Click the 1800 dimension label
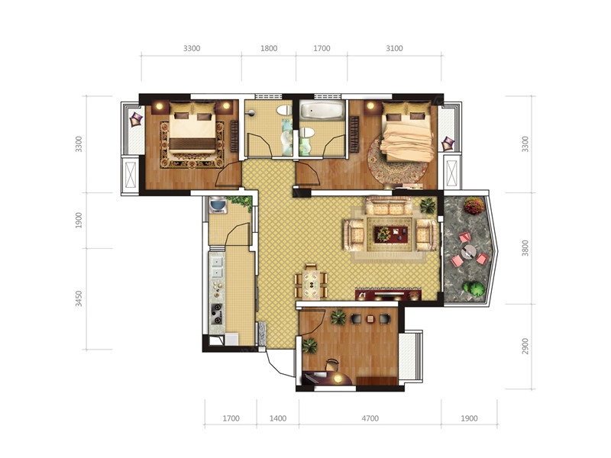point(269,48)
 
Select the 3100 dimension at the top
point(394,48)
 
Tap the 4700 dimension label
point(370,418)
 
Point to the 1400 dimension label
point(278,418)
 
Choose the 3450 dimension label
point(79,298)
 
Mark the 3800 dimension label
point(525,248)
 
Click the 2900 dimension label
point(525,347)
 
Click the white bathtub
point(322,110)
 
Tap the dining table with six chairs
point(311,281)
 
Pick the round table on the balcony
point(468,253)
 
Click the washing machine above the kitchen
point(218,205)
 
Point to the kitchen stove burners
point(217,314)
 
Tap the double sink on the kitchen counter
point(216,266)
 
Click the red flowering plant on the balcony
point(474,205)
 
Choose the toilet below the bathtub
point(307,132)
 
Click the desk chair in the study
point(332,365)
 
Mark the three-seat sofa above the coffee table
point(389,205)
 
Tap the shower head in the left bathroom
point(251,113)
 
